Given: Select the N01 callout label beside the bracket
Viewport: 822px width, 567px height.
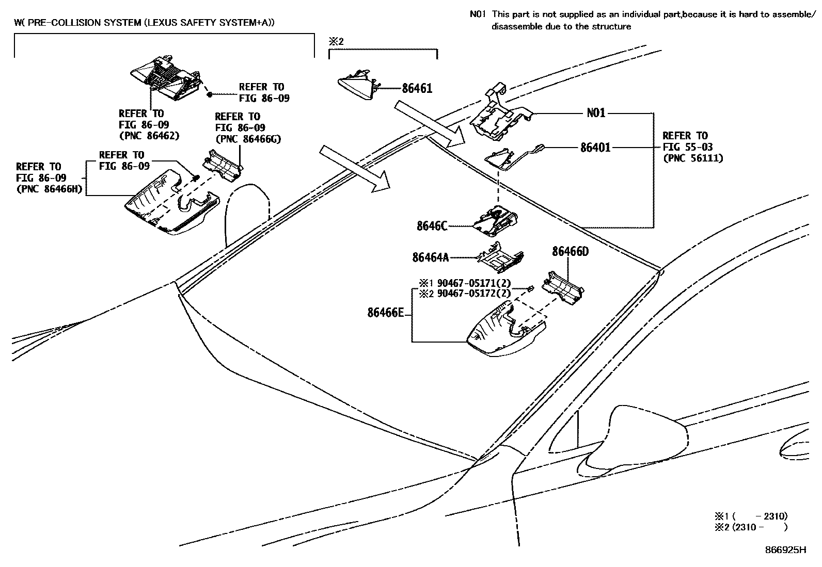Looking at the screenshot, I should (x=596, y=112).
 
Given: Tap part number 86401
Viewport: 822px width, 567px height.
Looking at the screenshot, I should (x=595, y=148).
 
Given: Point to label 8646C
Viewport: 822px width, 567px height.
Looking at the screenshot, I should (x=432, y=226).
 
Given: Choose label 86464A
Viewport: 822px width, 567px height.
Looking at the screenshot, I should (x=430, y=257).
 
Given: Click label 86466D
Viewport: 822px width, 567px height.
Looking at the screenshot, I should (x=570, y=252).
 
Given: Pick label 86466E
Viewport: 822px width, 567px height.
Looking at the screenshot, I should (x=385, y=313).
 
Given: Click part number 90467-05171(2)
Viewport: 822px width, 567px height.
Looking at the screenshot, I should (x=473, y=283).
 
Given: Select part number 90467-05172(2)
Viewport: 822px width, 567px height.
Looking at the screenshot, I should (x=473, y=294).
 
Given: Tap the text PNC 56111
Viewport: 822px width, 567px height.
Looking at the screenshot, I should (x=693, y=158).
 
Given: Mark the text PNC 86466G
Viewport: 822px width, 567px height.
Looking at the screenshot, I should (x=247, y=139).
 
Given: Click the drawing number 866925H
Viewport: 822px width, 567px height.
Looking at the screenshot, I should (x=785, y=550).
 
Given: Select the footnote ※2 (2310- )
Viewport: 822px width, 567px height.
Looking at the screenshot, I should (x=751, y=527).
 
